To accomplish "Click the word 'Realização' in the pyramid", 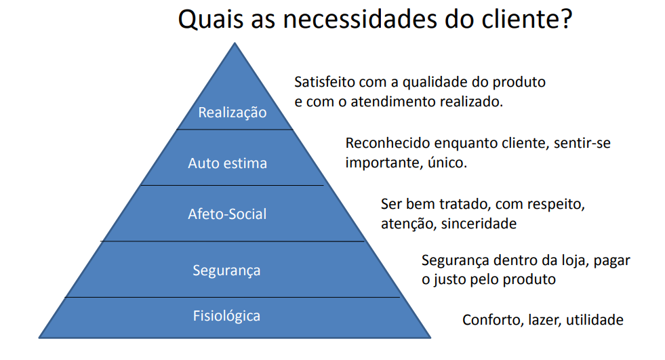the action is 233,113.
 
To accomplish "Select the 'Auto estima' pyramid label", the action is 227,163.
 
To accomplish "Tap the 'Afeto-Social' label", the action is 227,214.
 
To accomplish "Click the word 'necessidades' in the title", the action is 360,19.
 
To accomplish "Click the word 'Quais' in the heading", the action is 211,20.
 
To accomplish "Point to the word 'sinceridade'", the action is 479,224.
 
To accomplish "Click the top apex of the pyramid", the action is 235,43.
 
